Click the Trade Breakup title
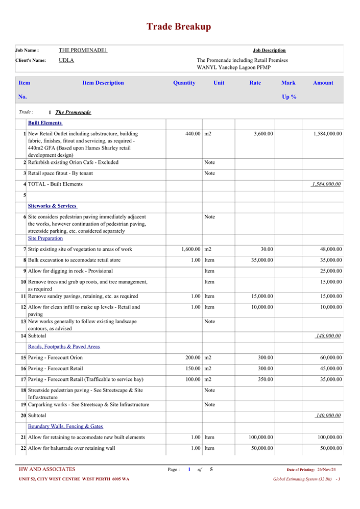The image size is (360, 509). pos(179,27)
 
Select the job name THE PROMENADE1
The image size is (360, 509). pos(83,50)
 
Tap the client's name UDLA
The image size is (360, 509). pos(66,60)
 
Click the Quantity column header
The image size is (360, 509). pos(184,83)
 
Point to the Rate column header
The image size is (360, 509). pos(255,83)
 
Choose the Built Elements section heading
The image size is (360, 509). pos(45,123)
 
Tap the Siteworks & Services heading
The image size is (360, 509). pos(52,206)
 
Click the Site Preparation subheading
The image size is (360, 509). pos(45,238)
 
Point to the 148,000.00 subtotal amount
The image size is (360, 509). pos(328,336)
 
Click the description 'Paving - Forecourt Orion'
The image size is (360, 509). pos(55,358)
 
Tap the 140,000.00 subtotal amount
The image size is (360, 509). pos(328,416)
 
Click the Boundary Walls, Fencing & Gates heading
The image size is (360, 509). pos(65,426)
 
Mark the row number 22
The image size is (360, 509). pos(23,448)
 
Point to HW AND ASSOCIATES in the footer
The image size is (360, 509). pos(47,469)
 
